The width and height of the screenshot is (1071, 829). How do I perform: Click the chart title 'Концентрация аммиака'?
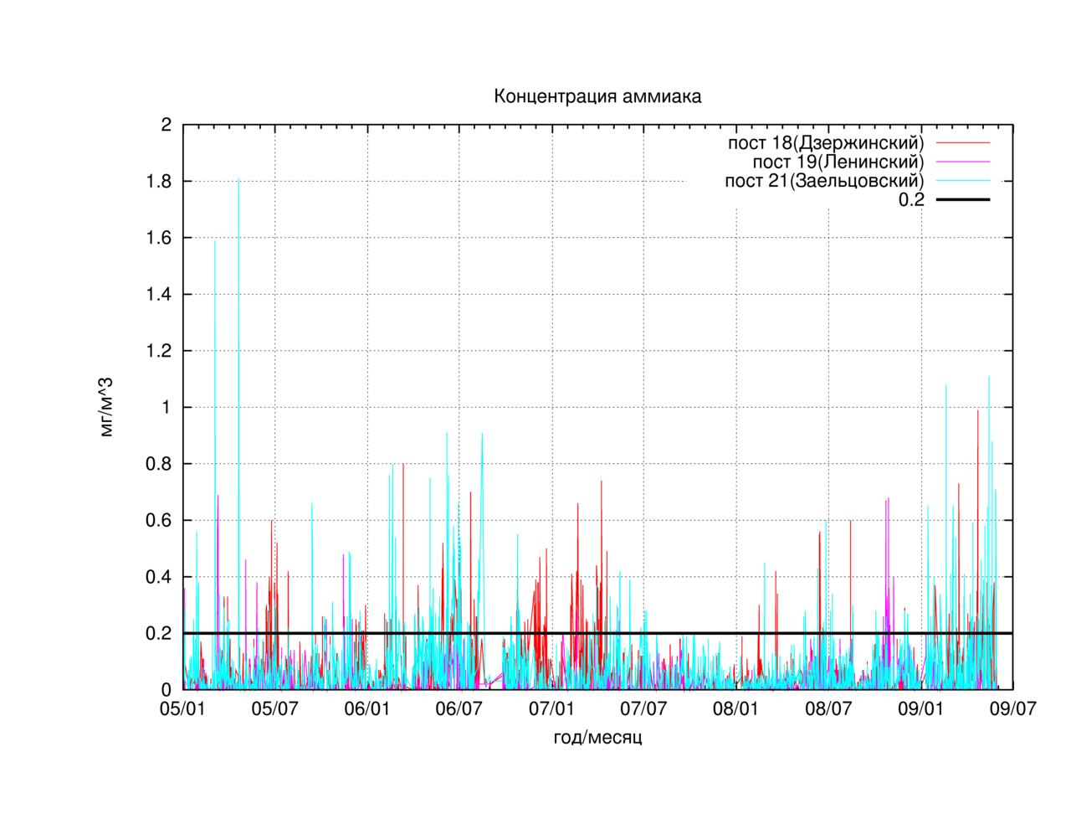pyautogui.click(x=597, y=96)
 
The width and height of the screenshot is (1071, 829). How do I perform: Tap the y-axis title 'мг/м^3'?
pyautogui.click(x=106, y=407)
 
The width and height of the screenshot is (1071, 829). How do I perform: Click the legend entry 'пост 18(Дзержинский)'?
pyautogui.click(x=826, y=142)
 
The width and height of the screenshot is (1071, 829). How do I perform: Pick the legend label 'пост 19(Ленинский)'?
pyautogui.click(x=838, y=162)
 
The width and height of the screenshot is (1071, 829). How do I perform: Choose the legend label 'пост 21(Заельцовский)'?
pyautogui.click(x=824, y=181)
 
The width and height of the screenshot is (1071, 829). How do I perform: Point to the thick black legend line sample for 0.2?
pyautogui.click(x=962, y=199)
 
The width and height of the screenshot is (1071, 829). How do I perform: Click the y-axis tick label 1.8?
pyautogui.click(x=159, y=182)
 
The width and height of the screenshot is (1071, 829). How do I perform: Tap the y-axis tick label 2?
pyautogui.click(x=167, y=125)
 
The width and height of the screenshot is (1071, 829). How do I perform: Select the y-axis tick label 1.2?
pyautogui.click(x=159, y=351)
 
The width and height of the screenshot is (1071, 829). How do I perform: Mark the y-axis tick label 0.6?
pyautogui.click(x=159, y=520)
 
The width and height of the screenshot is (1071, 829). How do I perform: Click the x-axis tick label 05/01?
pyautogui.click(x=182, y=708)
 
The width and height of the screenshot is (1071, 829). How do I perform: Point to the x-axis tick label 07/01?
pyautogui.click(x=551, y=708)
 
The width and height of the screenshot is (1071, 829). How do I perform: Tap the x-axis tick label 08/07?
pyautogui.click(x=828, y=708)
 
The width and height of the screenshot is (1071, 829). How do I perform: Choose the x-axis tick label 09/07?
pyautogui.click(x=1012, y=708)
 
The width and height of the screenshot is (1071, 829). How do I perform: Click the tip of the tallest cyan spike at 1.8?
pyautogui.click(x=238, y=178)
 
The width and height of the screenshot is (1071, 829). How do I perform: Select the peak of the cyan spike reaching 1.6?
pyautogui.click(x=215, y=240)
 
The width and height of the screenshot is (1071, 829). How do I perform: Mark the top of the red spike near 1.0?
pyautogui.click(x=978, y=410)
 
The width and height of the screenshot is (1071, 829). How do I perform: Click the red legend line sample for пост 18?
pyautogui.click(x=962, y=142)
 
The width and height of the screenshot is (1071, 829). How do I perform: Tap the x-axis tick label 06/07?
pyautogui.click(x=459, y=708)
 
